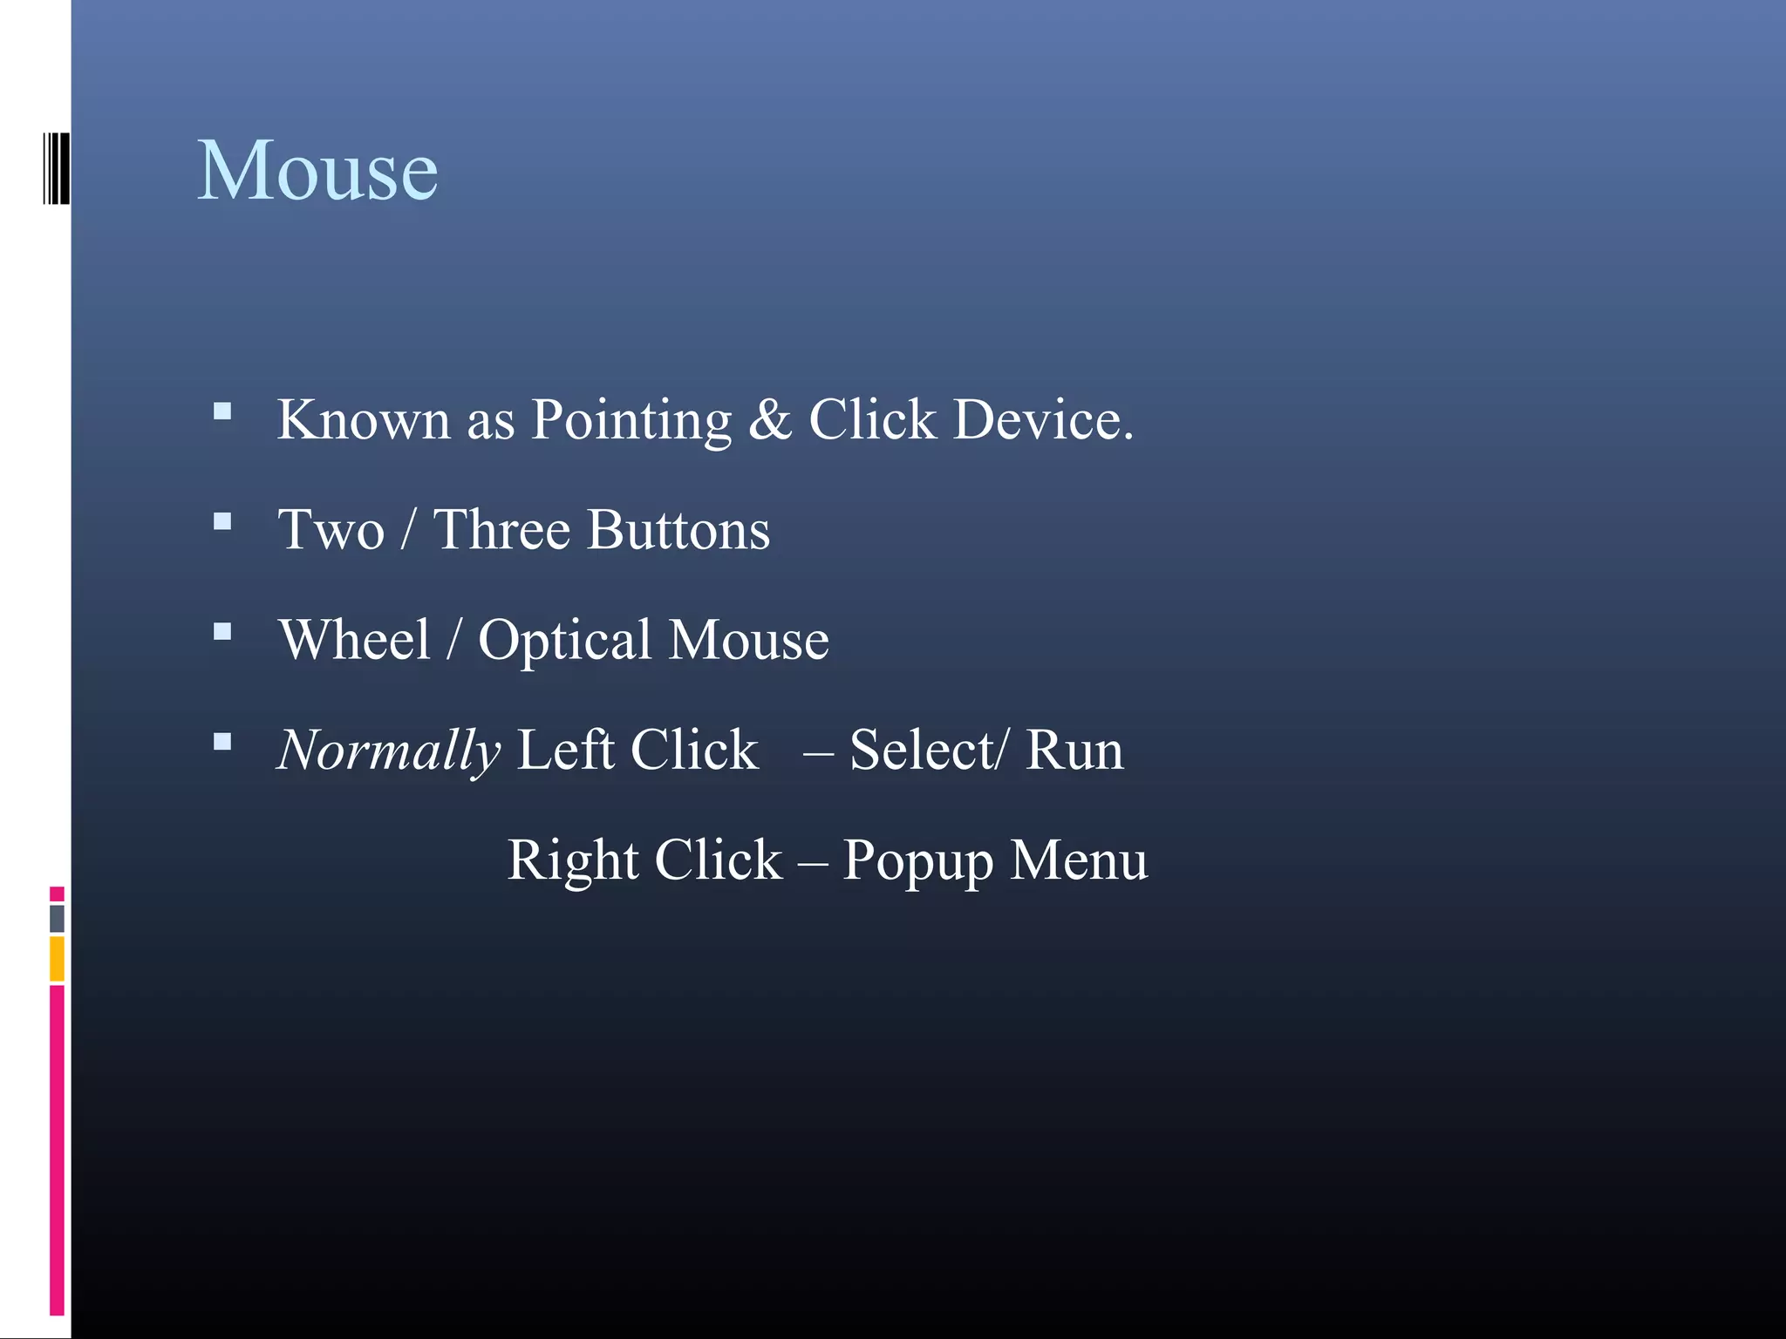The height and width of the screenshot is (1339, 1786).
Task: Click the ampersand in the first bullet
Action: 769,420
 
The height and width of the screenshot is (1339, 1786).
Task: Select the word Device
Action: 1042,420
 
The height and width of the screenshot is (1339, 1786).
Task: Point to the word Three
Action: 501,530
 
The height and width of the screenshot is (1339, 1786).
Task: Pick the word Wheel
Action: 355,640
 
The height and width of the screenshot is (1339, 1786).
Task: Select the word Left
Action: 565,750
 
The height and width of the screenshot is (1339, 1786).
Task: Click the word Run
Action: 1074,750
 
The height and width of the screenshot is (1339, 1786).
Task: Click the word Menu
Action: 1079,860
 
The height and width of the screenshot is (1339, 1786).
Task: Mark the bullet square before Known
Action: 222,411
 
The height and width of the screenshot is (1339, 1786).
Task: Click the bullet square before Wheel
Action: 222,631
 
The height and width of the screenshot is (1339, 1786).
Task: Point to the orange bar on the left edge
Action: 57,958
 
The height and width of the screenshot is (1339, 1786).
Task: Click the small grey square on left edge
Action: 57,918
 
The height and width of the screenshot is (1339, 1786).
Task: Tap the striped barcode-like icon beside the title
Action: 56,169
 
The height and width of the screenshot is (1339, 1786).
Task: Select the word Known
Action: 363,420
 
